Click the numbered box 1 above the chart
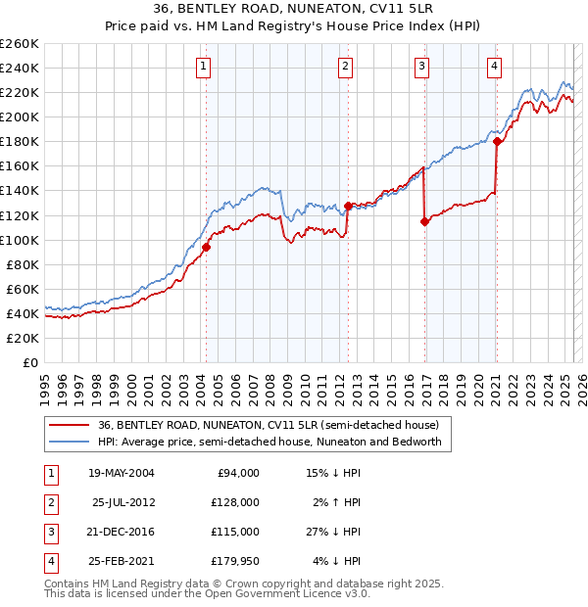click(x=202, y=67)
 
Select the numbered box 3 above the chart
click(x=421, y=67)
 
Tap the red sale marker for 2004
click(x=207, y=247)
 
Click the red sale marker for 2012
click(x=348, y=206)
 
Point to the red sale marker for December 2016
click(x=424, y=221)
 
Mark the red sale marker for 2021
click(x=497, y=141)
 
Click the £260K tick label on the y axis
click(x=19, y=44)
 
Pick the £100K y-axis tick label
click(x=19, y=240)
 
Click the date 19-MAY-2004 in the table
click(x=122, y=473)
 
